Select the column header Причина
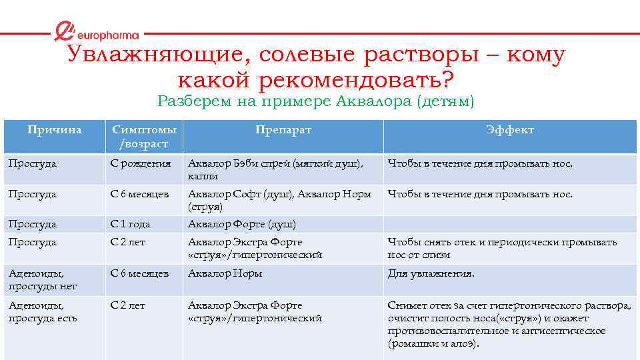(x=55, y=130)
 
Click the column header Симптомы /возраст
(x=144, y=137)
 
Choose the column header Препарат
(x=283, y=130)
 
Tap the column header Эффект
(x=511, y=130)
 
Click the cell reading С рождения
(x=141, y=163)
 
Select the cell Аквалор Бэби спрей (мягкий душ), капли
(x=275, y=169)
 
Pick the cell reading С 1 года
(x=131, y=224)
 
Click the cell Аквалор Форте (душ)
(x=242, y=224)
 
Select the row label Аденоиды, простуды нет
(x=42, y=279)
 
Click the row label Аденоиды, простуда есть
(x=42, y=311)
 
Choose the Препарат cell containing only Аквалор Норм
(x=225, y=273)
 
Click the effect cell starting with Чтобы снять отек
(x=502, y=248)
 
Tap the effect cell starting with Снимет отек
(x=509, y=324)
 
